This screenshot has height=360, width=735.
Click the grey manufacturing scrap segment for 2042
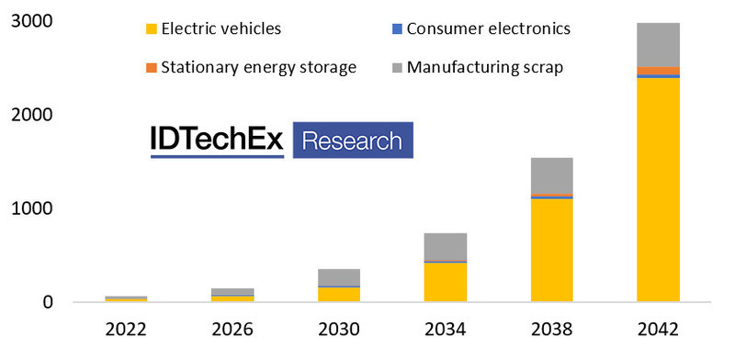[658, 45]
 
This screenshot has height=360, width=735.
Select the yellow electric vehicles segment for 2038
[552, 250]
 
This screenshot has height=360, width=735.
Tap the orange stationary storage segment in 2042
[658, 71]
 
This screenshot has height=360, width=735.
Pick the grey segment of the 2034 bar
[446, 246]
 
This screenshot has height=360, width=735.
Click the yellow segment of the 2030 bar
[339, 294]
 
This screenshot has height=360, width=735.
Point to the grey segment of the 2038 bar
[552, 175]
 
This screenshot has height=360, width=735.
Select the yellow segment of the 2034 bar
[446, 282]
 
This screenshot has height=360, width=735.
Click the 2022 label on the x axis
[126, 330]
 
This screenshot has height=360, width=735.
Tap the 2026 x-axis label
[232, 330]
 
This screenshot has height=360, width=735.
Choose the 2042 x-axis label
[658, 330]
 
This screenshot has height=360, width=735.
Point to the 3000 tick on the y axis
[32, 22]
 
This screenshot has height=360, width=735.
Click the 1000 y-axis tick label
[32, 208]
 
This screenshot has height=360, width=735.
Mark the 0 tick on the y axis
[48, 302]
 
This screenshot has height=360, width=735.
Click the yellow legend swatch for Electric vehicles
[151, 29]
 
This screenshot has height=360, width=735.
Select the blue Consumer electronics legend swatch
[396, 29]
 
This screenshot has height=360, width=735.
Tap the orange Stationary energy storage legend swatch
[151, 68]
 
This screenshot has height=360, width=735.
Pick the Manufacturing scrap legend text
[485, 68]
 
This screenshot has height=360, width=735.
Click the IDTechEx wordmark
[217, 140]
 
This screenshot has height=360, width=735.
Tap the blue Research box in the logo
[353, 141]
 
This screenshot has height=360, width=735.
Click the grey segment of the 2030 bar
[339, 277]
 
